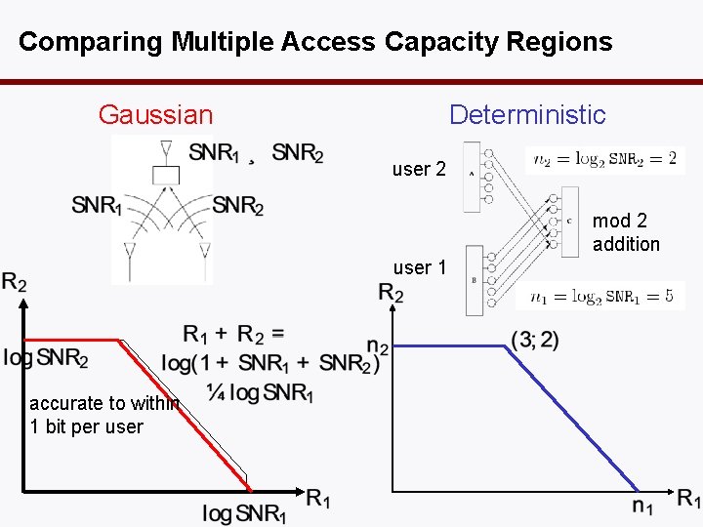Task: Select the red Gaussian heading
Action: click(x=155, y=115)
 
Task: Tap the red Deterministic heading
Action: click(x=527, y=115)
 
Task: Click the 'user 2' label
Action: click(x=419, y=170)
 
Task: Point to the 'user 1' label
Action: click(x=419, y=267)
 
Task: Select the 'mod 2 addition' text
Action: click(x=626, y=232)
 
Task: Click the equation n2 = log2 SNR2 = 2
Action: click(x=605, y=160)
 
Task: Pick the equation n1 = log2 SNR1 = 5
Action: click(x=601, y=297)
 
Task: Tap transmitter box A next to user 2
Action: click(x=474, y=176)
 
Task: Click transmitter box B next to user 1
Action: click(x=475, y=280)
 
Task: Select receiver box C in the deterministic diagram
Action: click(x=569, y=222)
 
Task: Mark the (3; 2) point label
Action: click(x=534, y=340)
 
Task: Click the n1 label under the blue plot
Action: click(x=642, y=506)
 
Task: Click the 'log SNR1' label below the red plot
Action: click(x=244, y=512)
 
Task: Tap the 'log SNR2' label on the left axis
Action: click(x=46, y=358)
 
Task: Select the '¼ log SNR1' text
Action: click(x=260, y=392)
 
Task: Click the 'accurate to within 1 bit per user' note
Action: click(x=93, y=415)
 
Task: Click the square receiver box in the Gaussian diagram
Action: click(x=166, y=175)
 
